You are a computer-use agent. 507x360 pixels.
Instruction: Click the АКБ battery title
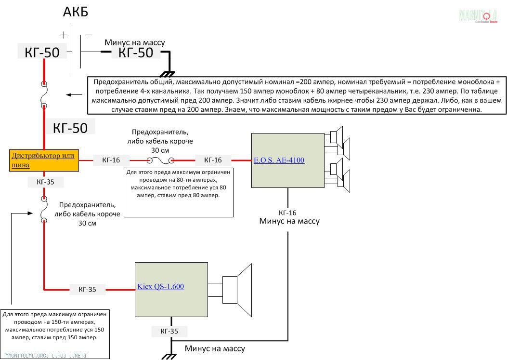pyautogui.click(x=76, y=12)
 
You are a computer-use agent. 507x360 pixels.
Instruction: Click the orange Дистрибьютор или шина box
pyautogui.click(x=44, y=160)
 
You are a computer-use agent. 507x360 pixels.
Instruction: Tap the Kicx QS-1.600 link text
pyautogui.click(x=160, y=287)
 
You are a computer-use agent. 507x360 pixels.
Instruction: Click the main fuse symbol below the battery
pyautogui.click(x=44, y=94)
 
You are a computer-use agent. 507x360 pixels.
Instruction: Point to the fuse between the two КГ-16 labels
pyautogui.click(x=160, y=160)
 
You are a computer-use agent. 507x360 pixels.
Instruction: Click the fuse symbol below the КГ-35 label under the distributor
pyautogui.click(x=44, y=210)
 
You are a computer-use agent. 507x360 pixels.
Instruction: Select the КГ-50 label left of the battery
pyautogui.click(x=42, y=52)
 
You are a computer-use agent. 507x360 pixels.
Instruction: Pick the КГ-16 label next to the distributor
pyautogui.click(x=110, y=160)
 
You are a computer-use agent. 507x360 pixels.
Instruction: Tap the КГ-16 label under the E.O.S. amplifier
pyautogui.click(x=287, y=213)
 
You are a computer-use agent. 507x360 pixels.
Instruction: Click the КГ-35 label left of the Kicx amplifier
pyautogui.click(x=87, y=290)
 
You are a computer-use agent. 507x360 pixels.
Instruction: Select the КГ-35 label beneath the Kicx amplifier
pyautogui.click(x=168, y=332)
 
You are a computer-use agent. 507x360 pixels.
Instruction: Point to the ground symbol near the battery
pyautogui.click(x=168, y=74)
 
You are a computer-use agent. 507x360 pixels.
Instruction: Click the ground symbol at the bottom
pyautogui.click(x=170, y=356)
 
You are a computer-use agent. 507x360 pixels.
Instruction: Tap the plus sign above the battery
pyautogui.click(x=64, y=35)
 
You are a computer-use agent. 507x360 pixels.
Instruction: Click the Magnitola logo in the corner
pyautogui.click(x=478, y=16)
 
